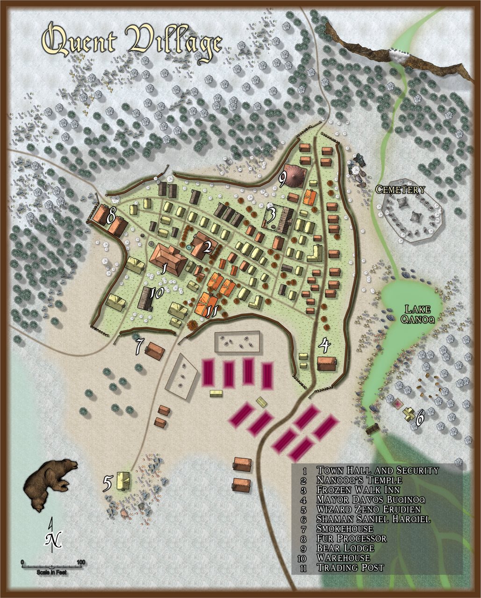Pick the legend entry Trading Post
(350, 568)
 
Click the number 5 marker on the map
(108, 484)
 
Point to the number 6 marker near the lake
(420, 419)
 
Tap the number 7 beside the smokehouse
(139, 346)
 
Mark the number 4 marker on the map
(324, 346)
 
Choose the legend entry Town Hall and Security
(378, 470)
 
